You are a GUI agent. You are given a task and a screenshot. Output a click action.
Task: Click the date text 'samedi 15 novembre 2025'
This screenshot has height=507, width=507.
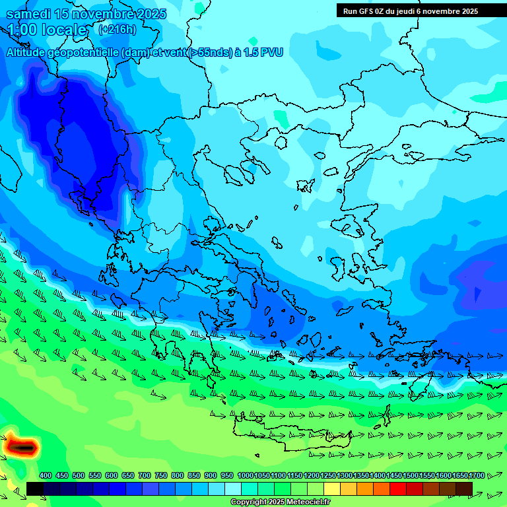coord(86,14)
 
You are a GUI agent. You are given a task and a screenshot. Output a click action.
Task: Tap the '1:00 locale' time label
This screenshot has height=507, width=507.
coord(47,30)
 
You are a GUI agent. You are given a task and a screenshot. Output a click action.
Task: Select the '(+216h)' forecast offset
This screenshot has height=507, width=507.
coord(117,29)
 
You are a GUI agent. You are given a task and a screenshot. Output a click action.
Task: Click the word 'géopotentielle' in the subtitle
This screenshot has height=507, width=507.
coord(83,52)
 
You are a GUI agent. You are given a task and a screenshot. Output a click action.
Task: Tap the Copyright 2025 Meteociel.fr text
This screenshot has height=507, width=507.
coord(280,502)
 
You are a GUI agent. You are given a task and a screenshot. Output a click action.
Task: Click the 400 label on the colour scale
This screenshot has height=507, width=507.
coord(45,475)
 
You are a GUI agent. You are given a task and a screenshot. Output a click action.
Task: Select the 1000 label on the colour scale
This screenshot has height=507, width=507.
coord(245,475)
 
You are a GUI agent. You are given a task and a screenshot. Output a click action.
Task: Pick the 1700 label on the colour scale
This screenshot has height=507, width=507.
coord(477,475)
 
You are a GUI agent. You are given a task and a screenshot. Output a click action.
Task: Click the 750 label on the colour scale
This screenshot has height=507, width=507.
coord(160,475)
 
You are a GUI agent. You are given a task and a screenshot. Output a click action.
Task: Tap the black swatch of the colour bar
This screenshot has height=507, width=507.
coord(35,489)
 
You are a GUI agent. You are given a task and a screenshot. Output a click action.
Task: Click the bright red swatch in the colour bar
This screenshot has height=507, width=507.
coord(397,489)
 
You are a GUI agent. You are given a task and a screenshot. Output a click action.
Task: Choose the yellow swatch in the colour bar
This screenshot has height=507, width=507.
coord(331,489)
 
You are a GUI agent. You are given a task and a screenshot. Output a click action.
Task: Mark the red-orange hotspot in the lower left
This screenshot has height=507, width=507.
coord(22,448)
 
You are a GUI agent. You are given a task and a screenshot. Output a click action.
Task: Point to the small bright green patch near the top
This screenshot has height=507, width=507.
coord(281,119)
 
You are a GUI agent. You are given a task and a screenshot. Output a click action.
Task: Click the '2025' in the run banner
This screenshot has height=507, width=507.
coord(469,11)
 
